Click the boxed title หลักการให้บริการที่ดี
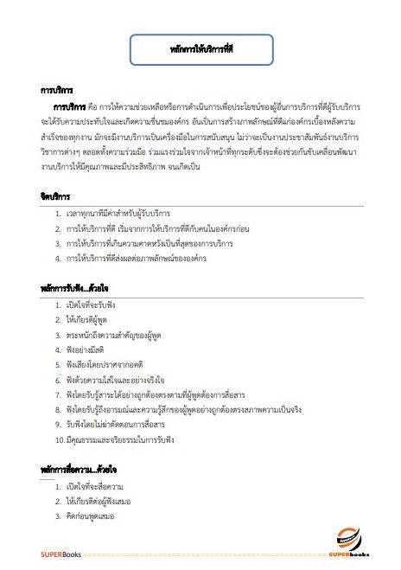coord(202,51)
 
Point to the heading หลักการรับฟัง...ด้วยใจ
coord(76,285)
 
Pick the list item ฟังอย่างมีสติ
coord(85,349)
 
